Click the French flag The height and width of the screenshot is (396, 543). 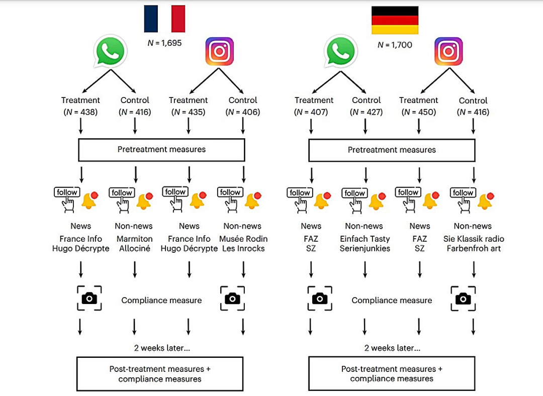(164, 19)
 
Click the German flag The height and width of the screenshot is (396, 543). (395, 20)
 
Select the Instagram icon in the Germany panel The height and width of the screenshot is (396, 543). (448, 51)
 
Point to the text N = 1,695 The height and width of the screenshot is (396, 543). (164, 43)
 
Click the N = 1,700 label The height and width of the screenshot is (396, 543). (395, 45)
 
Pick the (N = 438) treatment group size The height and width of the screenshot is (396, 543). (80, 112)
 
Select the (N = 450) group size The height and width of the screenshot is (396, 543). (418, 112)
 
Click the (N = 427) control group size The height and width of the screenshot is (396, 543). (366, 112)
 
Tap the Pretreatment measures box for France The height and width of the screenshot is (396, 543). (161, 150)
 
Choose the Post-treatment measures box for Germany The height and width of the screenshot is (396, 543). (392, 373)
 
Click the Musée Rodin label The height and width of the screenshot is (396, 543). (243, 239)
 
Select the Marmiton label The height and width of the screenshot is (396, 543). (134, 239)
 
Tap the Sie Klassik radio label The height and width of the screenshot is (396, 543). (473, 239)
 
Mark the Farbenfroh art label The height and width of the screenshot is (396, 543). (473, 248)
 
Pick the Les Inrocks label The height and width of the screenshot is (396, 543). (243, 248)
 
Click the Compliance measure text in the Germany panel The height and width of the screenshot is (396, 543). (392, 301)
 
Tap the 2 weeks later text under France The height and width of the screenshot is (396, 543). (162, 348)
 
